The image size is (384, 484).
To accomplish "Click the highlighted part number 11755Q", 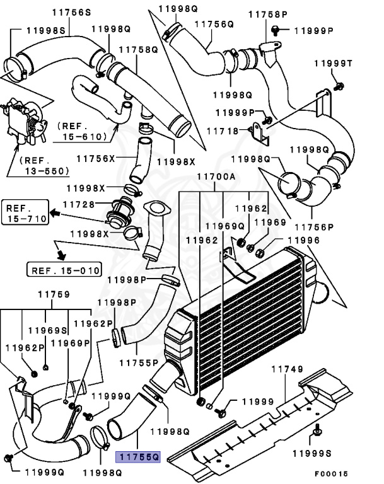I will [137, 455].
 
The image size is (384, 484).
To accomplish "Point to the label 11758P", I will [267, 14].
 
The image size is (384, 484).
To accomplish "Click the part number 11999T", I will [337, 64].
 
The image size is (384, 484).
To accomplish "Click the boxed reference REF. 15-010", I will [64, 271].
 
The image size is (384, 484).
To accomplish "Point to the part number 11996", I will [303, 240].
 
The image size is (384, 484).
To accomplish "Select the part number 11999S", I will [313, 452].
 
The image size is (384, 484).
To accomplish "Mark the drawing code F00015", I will [332, 473].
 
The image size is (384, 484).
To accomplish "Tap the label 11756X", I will [96, 158].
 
